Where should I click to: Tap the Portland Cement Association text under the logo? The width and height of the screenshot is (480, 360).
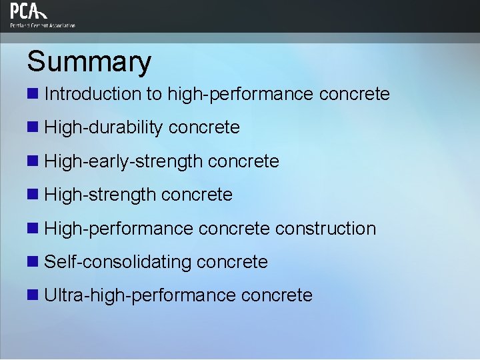[43, 25]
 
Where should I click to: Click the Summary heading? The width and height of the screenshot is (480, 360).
[89, 61]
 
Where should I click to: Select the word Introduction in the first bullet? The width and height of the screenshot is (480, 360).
[93, 94]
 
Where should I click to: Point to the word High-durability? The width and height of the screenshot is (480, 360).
[103, 127]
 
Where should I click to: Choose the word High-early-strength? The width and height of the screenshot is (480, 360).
[123, 161]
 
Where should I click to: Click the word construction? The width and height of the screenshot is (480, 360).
[325, 229]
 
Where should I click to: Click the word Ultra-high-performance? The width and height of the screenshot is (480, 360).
[140, 295]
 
